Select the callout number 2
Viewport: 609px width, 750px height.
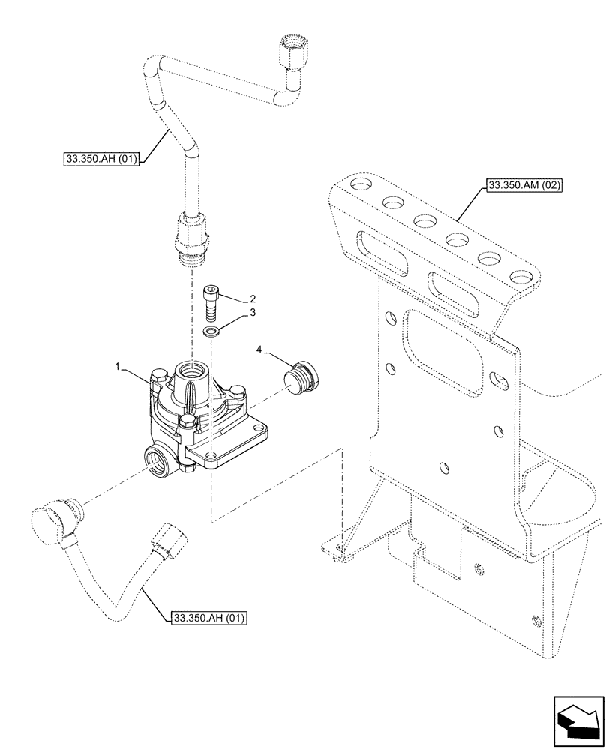(253, 298)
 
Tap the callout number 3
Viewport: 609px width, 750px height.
(253, 312)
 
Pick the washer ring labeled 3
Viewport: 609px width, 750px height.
(214, 330)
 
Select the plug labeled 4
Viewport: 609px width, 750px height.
(302, 375)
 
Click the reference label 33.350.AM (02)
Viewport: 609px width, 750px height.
(524, 184)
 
